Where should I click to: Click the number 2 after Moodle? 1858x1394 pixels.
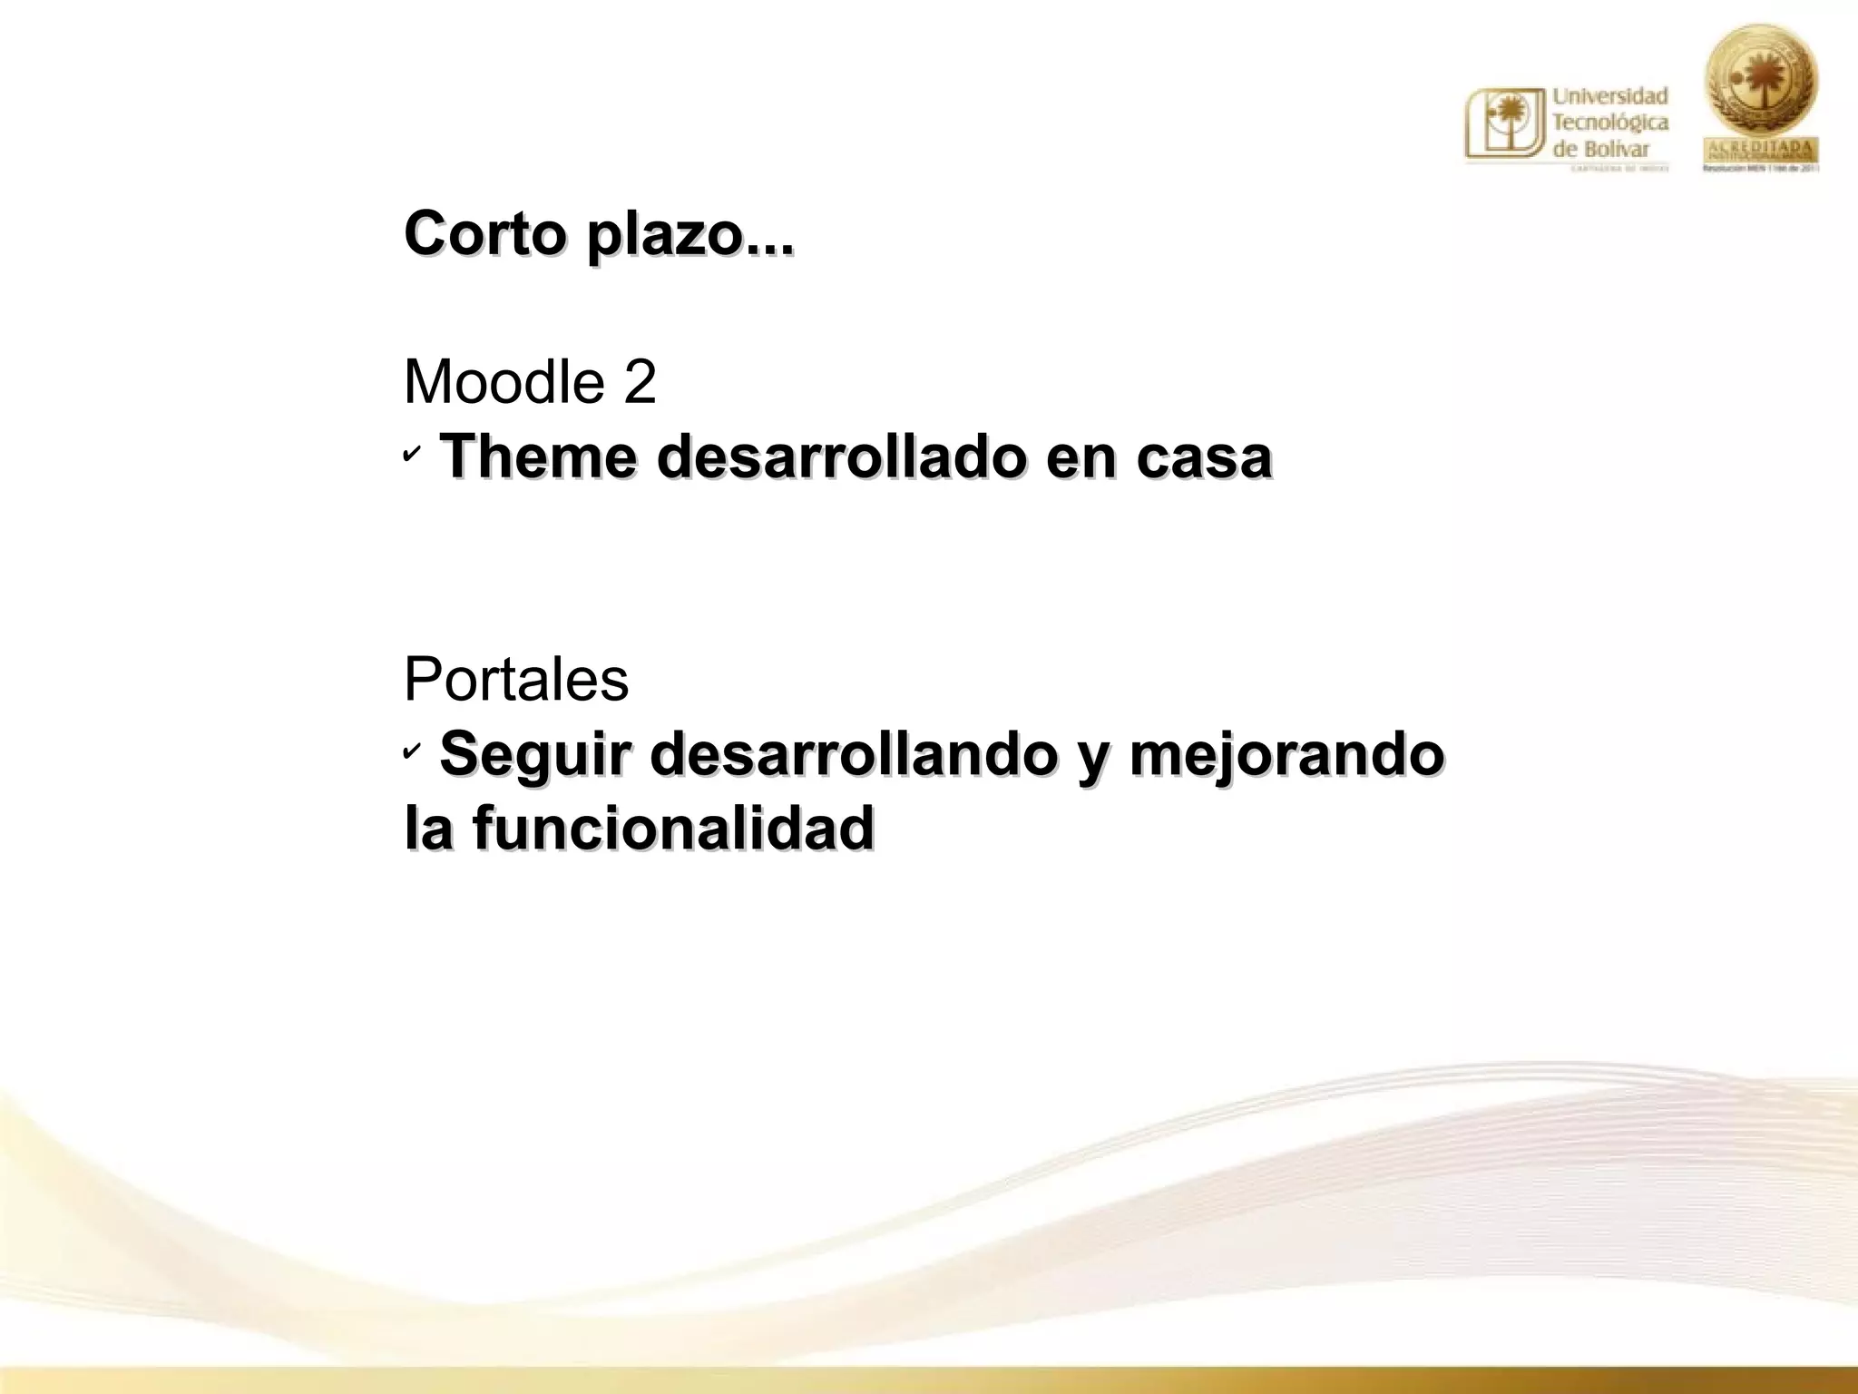click(x=640, y=382)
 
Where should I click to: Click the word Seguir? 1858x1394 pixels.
click(x=534, y=755)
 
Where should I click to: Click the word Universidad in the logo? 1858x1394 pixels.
click(x=1610, y=95)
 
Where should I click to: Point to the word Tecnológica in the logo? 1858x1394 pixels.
click(x=1610, y=122)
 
